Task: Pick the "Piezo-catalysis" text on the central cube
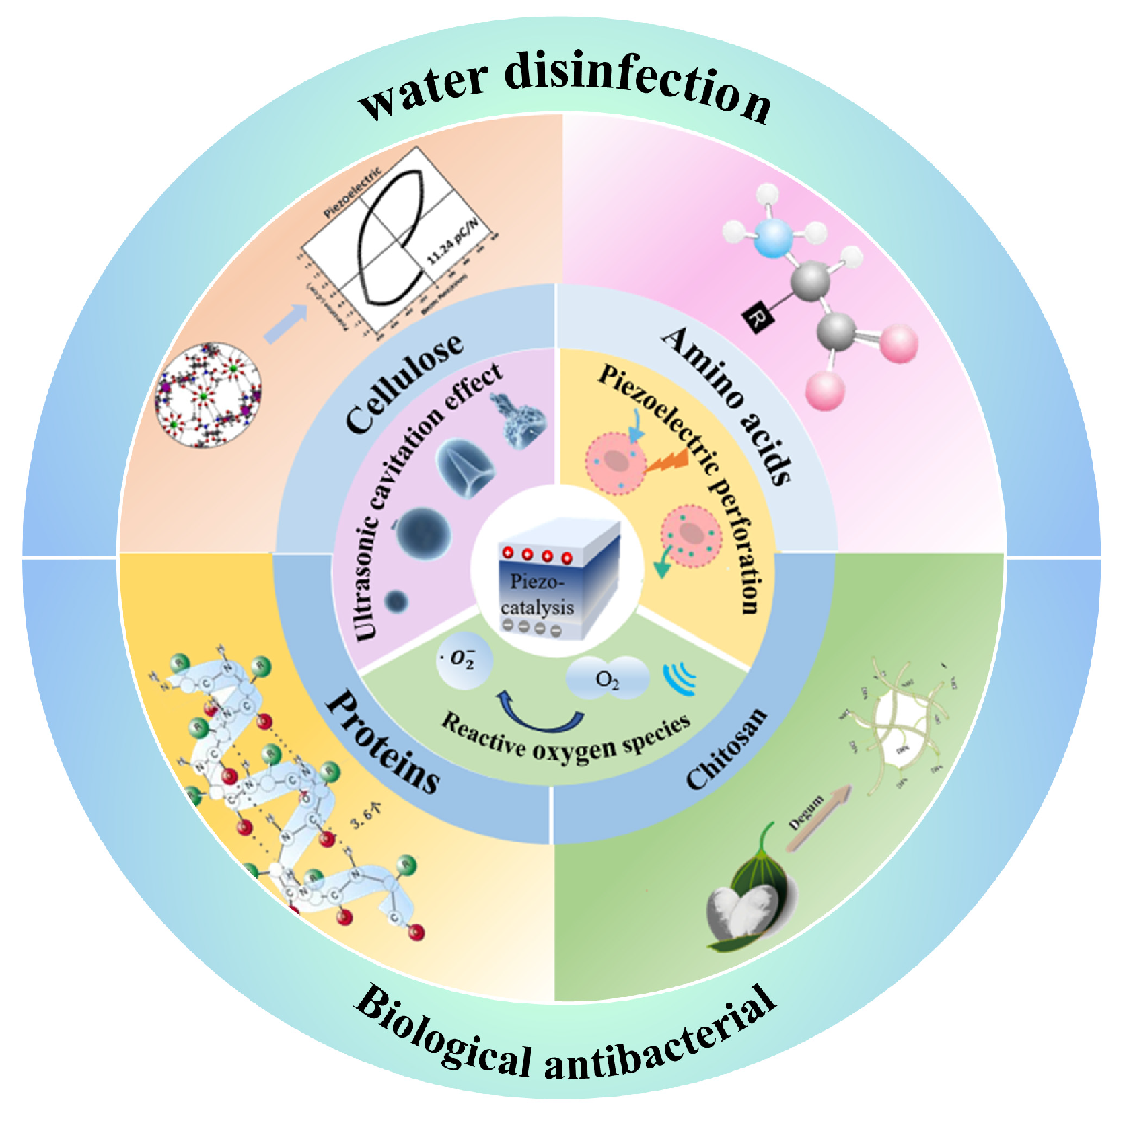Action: tap(536, 594)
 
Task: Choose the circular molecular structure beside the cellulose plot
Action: tap(207, 395)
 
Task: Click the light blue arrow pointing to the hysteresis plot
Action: tap(287, 324)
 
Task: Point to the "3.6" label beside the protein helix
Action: tap(364, 813)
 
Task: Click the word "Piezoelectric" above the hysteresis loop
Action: tap(352, 192)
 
